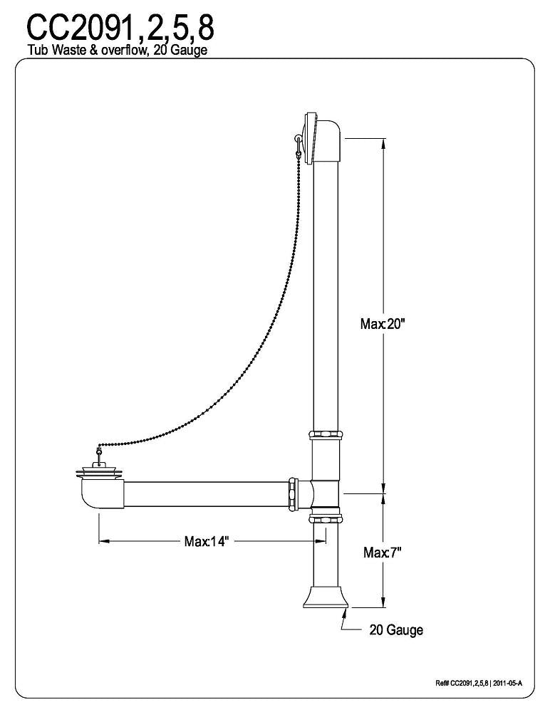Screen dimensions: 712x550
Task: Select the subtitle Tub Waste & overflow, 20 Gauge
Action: coord(118,51)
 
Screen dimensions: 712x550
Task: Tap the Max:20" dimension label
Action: coord(383,324)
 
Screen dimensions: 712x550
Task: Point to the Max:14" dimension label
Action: coord(207,542)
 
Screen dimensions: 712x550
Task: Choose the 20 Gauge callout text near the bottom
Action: coord(396,630)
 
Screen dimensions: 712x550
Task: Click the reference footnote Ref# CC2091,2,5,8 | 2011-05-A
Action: coord(479,684)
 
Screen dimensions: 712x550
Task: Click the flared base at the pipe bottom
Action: coord(325,597)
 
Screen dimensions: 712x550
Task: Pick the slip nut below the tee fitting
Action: coord(325,517)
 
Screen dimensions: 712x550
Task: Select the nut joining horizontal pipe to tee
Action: coord(292,492)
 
